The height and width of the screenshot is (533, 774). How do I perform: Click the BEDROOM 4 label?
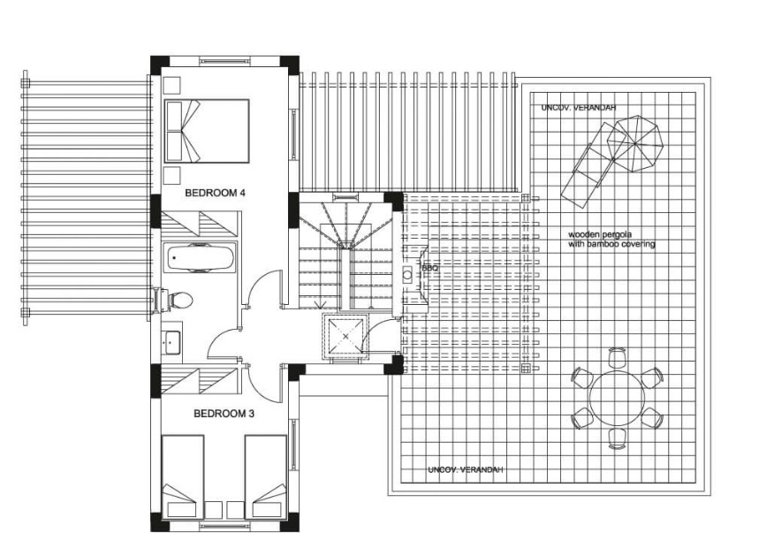pos(215,193)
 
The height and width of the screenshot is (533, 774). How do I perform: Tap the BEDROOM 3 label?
pos(224,414)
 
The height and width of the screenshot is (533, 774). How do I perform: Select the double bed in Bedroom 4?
pos(207,131)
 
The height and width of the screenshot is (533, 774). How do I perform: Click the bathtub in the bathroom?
pos(200,258)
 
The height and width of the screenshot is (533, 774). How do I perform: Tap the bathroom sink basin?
pos(172,342)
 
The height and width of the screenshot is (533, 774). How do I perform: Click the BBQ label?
pos(430,268)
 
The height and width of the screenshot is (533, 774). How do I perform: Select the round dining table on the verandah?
pos(617,398)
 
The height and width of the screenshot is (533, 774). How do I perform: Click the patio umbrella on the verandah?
pos(634,143)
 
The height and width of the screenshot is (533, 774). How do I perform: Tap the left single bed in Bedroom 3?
pos(183,476)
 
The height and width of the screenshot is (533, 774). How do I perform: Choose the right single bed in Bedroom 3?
pos(266,476)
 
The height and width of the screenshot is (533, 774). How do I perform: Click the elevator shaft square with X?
pos(345,337)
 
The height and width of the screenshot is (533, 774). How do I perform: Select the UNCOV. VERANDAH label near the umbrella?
pos(579,108)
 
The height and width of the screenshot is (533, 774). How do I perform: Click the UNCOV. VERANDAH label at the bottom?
pos(466,469)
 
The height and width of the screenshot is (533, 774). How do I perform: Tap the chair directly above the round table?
pos(617,357)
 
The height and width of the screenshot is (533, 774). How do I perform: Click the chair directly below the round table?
pos(617,438)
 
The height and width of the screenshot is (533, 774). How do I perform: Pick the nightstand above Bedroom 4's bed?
pos(172,85)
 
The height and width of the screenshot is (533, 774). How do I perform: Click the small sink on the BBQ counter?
pos(407,275)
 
